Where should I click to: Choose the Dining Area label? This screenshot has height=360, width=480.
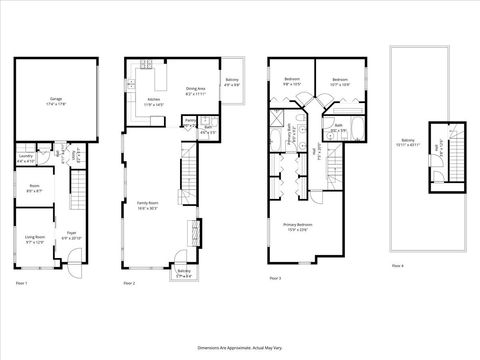tap(196, 91)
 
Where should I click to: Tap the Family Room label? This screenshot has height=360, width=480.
tap(148, 205)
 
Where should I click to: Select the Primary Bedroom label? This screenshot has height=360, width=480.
tap(298, 226)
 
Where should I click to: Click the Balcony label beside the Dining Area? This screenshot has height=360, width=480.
tap(232, 83)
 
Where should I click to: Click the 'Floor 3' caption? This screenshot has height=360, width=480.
tap(274, 277)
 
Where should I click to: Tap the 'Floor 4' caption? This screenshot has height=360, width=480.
tap(397, 265)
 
